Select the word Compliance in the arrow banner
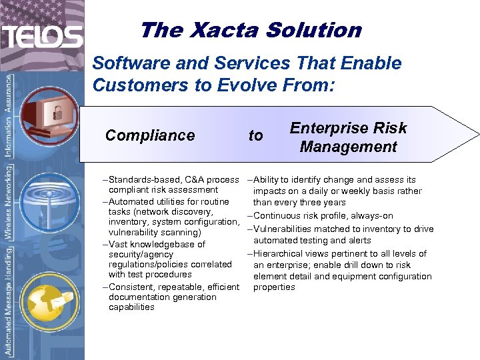150,135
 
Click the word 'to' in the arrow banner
255,135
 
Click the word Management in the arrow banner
348,146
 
